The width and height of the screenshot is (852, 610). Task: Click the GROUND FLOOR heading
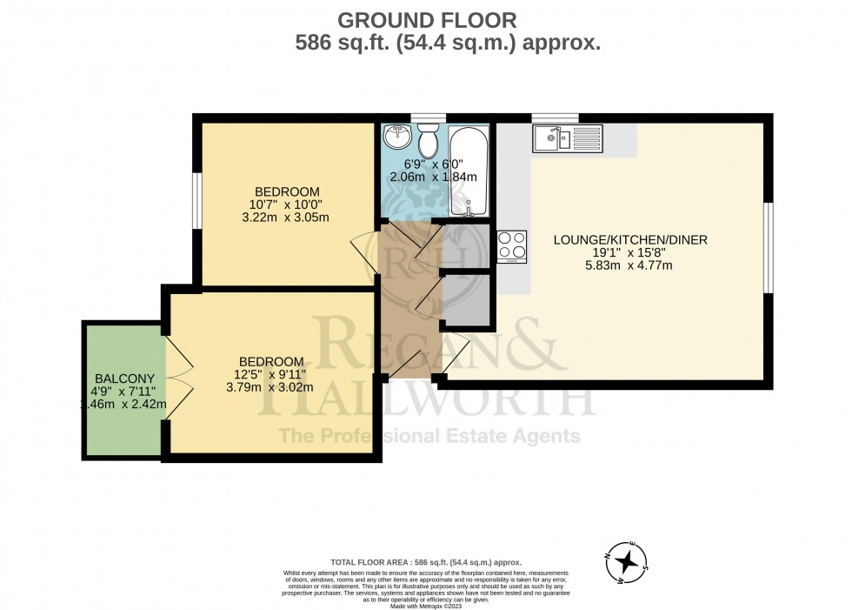(426, 19)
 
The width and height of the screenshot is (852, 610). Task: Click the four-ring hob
(511, 246)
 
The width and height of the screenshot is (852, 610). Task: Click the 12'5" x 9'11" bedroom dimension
(272, 375)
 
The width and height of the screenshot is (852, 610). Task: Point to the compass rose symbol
(625, 561)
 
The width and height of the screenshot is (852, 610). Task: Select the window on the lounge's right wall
(768, 248)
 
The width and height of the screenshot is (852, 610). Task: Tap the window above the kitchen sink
(556, 118)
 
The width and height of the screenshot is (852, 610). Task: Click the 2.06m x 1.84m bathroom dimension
(434, 178)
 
